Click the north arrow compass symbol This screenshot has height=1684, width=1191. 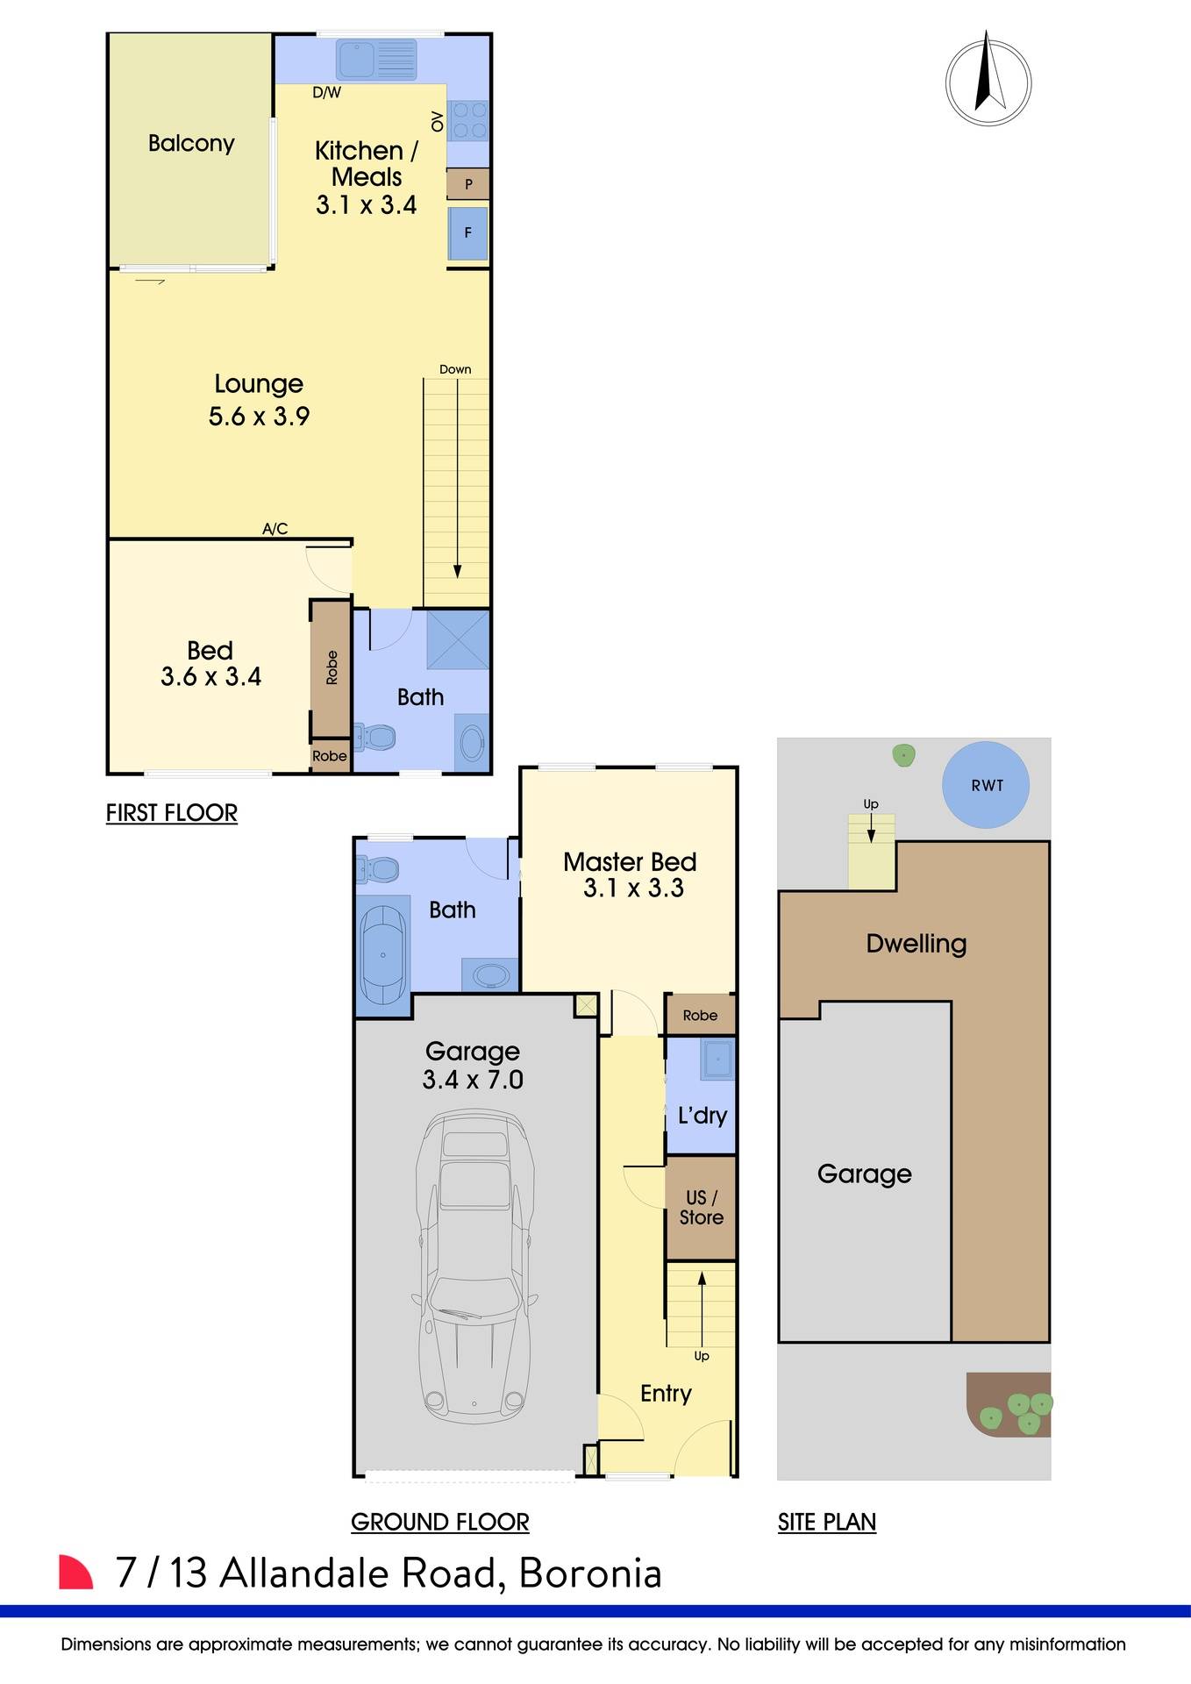pyautogui.click(x=988, y=82)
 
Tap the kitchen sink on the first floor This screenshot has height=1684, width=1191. pyautogui.click(x=375, y=60)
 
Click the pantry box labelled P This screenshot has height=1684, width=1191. pyautogui.click(x=468, y=184)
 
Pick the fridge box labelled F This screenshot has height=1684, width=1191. pyautogui.click(x=468, y=232)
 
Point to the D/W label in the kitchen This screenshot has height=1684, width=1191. pyautogui.click(x=326, y=92)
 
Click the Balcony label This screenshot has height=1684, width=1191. pyautogui.click(x=191, y=143)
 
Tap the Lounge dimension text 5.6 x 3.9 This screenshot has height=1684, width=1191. pyautogui.click(x=259, y=417)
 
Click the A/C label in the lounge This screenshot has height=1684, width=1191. pyautogui.click(x=275, y=528)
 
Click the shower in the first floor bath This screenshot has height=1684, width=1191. pyautogui.click(x=458, y=639)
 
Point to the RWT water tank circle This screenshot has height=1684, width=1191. pyautogui.click(x=986, y=785)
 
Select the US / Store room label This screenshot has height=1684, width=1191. pyautogui.click(x=701, y=1207)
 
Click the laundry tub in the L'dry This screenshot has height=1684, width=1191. pyautogui.click(x=717, y=1059)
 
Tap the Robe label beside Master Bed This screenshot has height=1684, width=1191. pyautogui.click(x=700, y=1015)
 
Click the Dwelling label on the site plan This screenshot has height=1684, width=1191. pyautogui.click(x=916, y=944)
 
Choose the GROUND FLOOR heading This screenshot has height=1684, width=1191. pyautogui.click(x=439, y=1522)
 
